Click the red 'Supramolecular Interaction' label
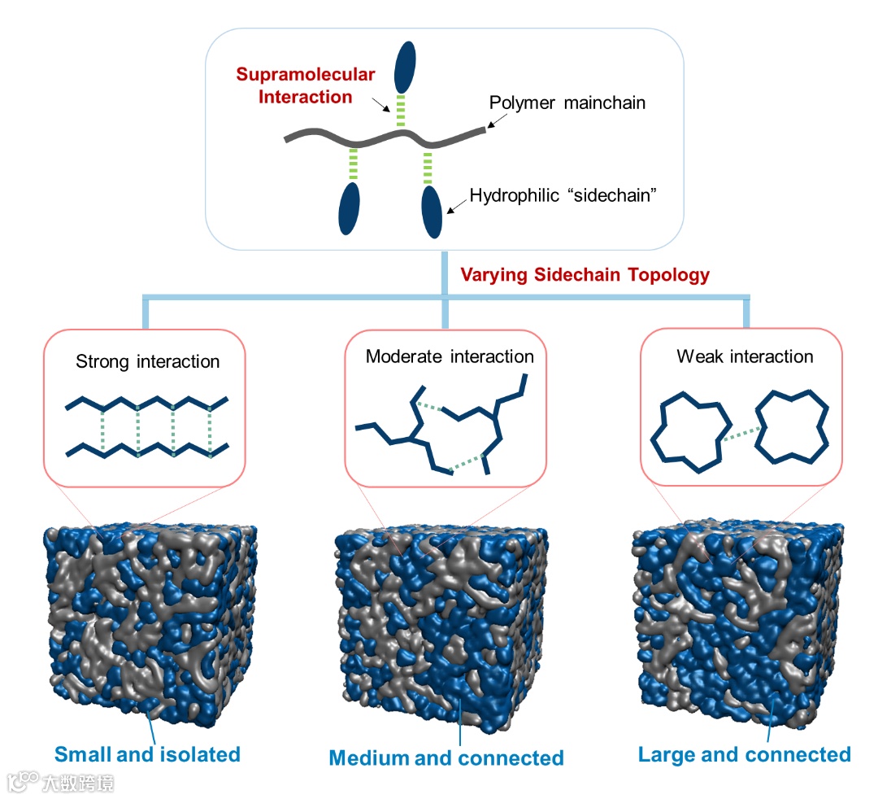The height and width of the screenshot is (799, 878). [x=305, y=85]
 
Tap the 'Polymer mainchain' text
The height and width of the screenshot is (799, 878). [x=567, y=103]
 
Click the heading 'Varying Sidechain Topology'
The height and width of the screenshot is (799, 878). [x=585, y=275]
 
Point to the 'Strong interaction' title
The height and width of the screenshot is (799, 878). [x=147, y=361]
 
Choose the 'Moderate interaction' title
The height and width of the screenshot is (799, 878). [x=450, y=356]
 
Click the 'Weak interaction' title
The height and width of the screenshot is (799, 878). [x=745, y=356]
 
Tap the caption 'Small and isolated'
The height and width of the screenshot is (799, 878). [x=147, y=754]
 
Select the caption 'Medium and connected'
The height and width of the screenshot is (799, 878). [x=446, y=758]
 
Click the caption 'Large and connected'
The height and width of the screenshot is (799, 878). [x=745, y=754]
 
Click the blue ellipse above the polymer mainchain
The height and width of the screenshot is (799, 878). [x=405, y=68]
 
